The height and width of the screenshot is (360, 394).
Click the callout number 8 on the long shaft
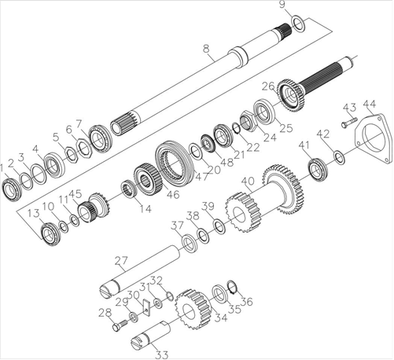click(207, 49)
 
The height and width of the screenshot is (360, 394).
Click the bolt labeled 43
click(349, 122)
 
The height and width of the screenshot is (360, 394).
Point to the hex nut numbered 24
click(249, 120)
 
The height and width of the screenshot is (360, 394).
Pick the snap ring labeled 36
click(233, 288)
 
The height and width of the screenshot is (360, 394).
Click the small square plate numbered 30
click(146, 307)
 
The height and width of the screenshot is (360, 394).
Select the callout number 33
click(162, 354)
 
